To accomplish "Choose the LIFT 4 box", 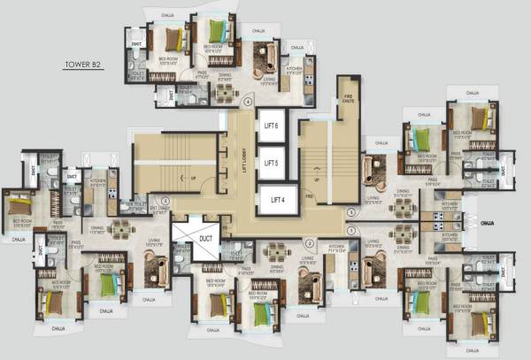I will click(x=276, y=200).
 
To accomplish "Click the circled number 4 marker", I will click(x=250, y=100).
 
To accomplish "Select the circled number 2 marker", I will click(x=308, y=242).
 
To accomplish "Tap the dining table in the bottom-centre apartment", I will click(x=277, y=249).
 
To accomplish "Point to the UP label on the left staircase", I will click(x=193, y=178).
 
